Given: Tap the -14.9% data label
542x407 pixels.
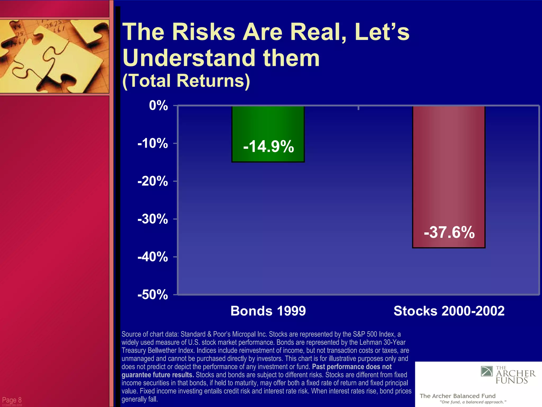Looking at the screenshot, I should tap(268, 146).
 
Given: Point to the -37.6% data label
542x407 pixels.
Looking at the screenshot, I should tap(449, 232).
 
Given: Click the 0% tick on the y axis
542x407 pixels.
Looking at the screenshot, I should tap(158, 105).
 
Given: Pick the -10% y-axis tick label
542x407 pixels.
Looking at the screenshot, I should tap(153, 143).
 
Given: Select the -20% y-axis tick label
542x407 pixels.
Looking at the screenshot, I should tap(153, 181).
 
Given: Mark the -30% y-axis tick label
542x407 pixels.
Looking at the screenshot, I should tap(153, 219).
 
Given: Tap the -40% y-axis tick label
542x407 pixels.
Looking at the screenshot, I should tap(153, 257).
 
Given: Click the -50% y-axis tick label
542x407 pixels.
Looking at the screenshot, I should tap(153, 295).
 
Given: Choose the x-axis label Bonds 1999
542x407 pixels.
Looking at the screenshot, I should tap(268, 311).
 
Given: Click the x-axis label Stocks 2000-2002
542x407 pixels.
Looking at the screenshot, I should tap(449, 311).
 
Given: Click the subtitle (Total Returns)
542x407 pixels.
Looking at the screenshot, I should tap(186, 81).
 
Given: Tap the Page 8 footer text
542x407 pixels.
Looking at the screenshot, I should tap(12, 400).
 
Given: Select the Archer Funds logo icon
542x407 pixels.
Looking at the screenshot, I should tap(487, 371).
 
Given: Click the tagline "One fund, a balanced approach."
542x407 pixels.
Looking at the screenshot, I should tap(473, 402).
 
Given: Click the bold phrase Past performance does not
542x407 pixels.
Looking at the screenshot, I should tap(352, 367).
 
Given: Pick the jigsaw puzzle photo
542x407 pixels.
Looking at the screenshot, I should tap(54, 56).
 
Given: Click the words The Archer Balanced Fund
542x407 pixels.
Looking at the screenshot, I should tap(457, 396).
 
